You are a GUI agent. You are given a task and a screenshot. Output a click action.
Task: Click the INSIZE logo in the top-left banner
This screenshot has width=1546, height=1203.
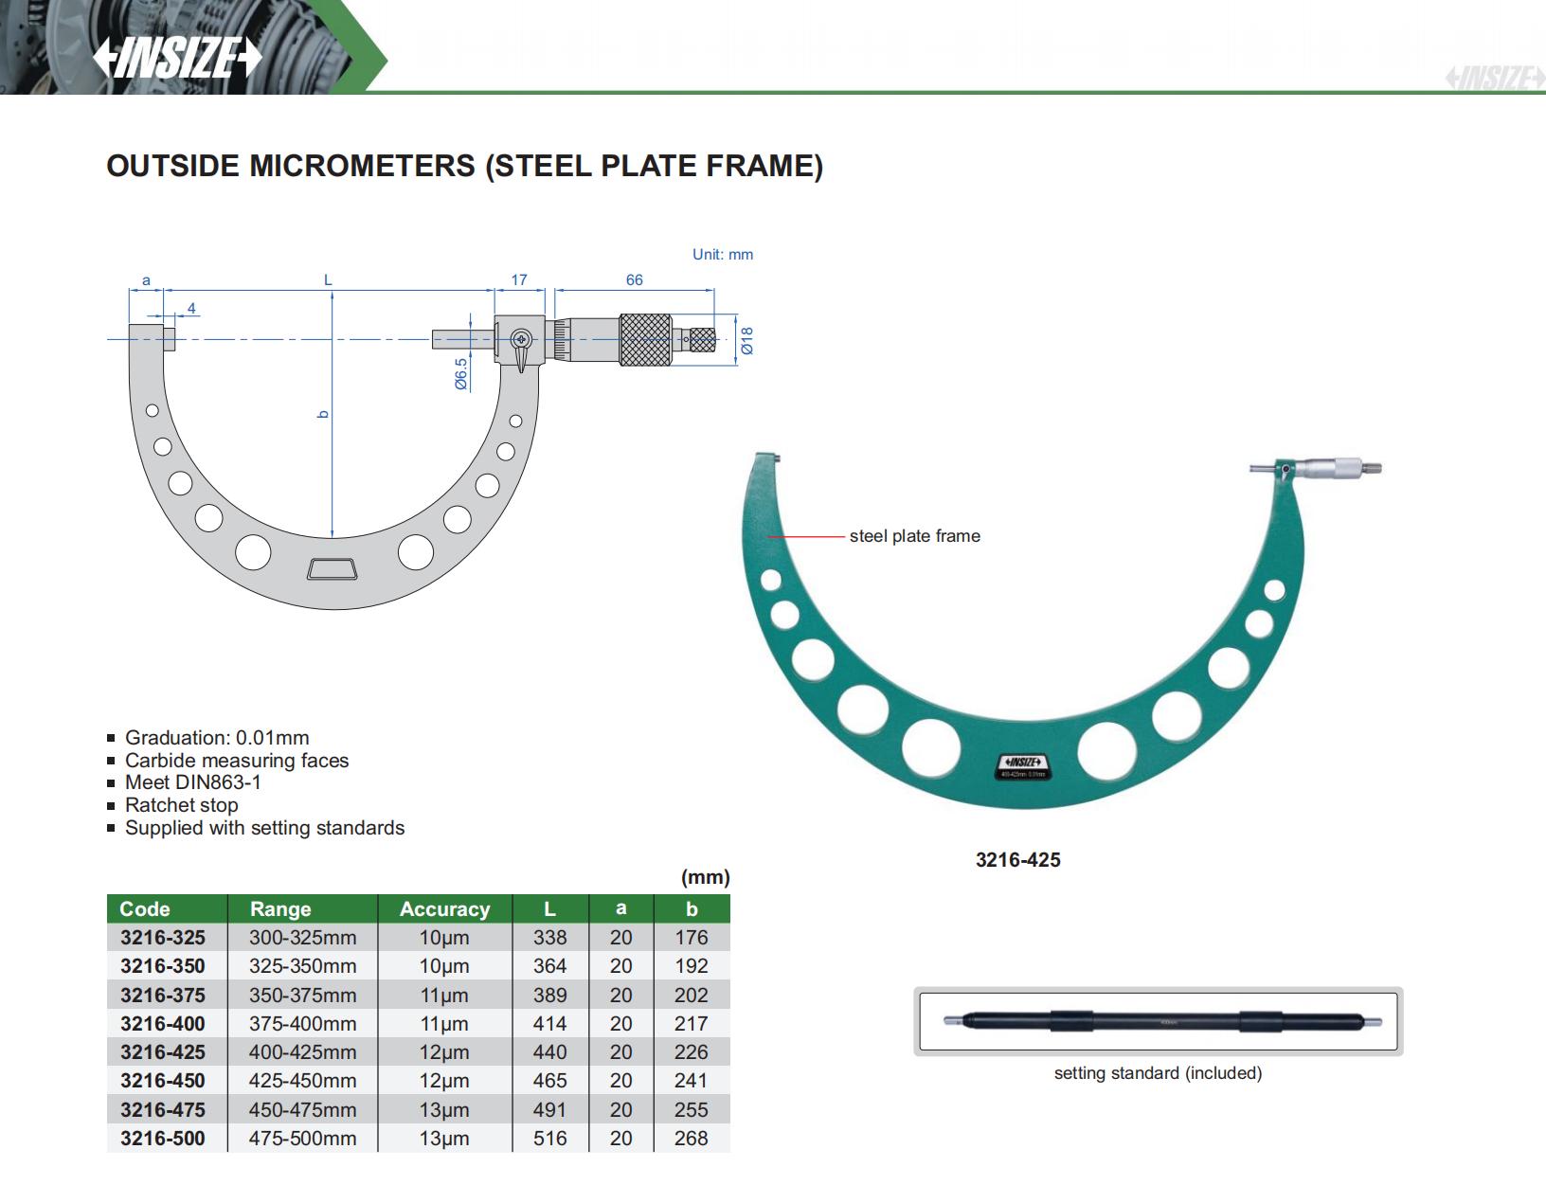[177, 57]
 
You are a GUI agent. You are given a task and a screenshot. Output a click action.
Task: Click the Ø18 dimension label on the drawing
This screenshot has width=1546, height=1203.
[747, 341]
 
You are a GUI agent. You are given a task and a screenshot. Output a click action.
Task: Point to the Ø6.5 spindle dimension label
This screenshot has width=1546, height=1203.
[461, 374]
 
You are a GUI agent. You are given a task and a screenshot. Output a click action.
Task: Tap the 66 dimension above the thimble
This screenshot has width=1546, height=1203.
[634, 279]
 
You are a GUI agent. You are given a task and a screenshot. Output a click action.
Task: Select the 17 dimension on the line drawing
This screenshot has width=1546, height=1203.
[519, 279]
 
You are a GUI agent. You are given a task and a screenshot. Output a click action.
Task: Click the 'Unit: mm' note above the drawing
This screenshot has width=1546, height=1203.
[723, 254]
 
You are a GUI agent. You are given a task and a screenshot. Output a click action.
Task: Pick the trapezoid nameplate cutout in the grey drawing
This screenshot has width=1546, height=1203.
[333, 569]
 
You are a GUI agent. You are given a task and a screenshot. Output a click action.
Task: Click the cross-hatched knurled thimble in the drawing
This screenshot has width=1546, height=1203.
[645, 340]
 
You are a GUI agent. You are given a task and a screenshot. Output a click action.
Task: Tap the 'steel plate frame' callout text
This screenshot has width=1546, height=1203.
[914, 536]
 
